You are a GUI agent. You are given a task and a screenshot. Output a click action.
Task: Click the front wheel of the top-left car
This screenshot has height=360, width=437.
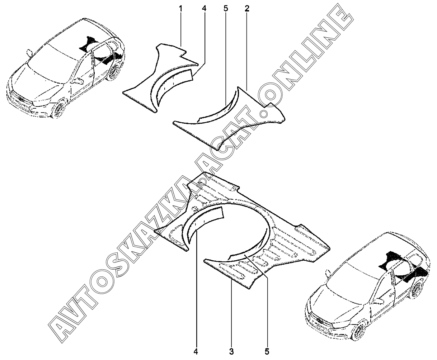click(58, 110)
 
